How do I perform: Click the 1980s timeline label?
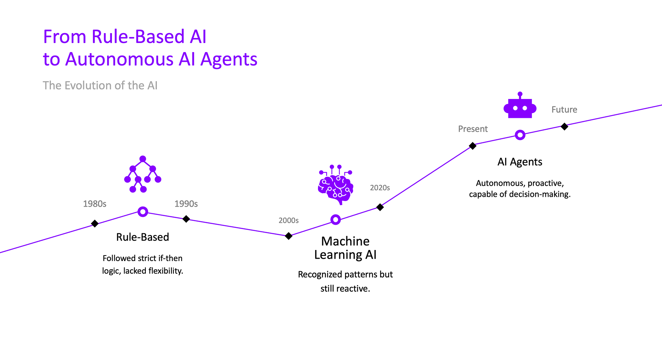tap(95, 204)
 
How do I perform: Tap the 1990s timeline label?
tap(186, 204)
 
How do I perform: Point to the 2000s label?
tap(288, 220)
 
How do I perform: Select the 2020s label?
tap(380, 188)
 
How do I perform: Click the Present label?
tap(473, 129)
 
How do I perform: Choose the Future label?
tap(564, 110)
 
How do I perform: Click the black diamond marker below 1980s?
tap(95, 224)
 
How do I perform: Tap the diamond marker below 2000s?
tap(288, 236)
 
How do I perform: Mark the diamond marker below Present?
tap(473, 146)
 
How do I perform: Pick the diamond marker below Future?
tap(564, 127)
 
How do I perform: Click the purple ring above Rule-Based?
tap(143, 212)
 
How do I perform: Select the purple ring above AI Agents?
tap(520, 135)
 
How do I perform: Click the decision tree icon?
tap(143, 174)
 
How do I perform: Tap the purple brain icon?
tap(335, 185)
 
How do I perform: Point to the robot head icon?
tap(520, 106)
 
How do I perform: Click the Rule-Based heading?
tap(143, 237)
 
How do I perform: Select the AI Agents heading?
tap(520, 162)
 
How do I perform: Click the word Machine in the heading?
tap(345, 241)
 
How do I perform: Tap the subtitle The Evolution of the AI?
tap(100, 86)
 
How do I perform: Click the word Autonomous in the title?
tap(119, 60)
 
